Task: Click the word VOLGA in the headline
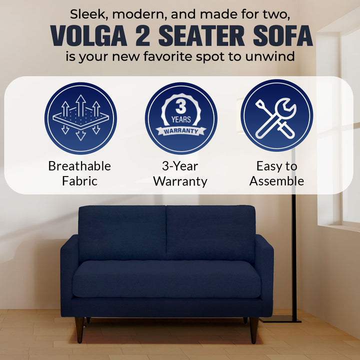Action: pos(88,36)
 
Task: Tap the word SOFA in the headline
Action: pos(283,36)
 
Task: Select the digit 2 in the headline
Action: pos(142,36)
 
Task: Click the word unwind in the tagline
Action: pos(270,56)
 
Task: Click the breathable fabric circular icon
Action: pos(80,118)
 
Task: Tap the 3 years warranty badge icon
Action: pos(181,118)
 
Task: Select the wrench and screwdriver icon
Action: pos(276,115)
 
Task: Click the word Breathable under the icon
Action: pos(79,166)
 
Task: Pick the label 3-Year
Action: pos(180,166)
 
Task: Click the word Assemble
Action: pos(276,181)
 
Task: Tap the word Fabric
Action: pos(79,181)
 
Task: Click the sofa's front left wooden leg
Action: pos(79,330)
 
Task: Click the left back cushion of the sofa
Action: pos(122,233)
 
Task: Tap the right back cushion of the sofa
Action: pos(211,233)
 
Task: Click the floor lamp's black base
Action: pos(280,319)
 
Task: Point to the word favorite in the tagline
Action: pos(167,56)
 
